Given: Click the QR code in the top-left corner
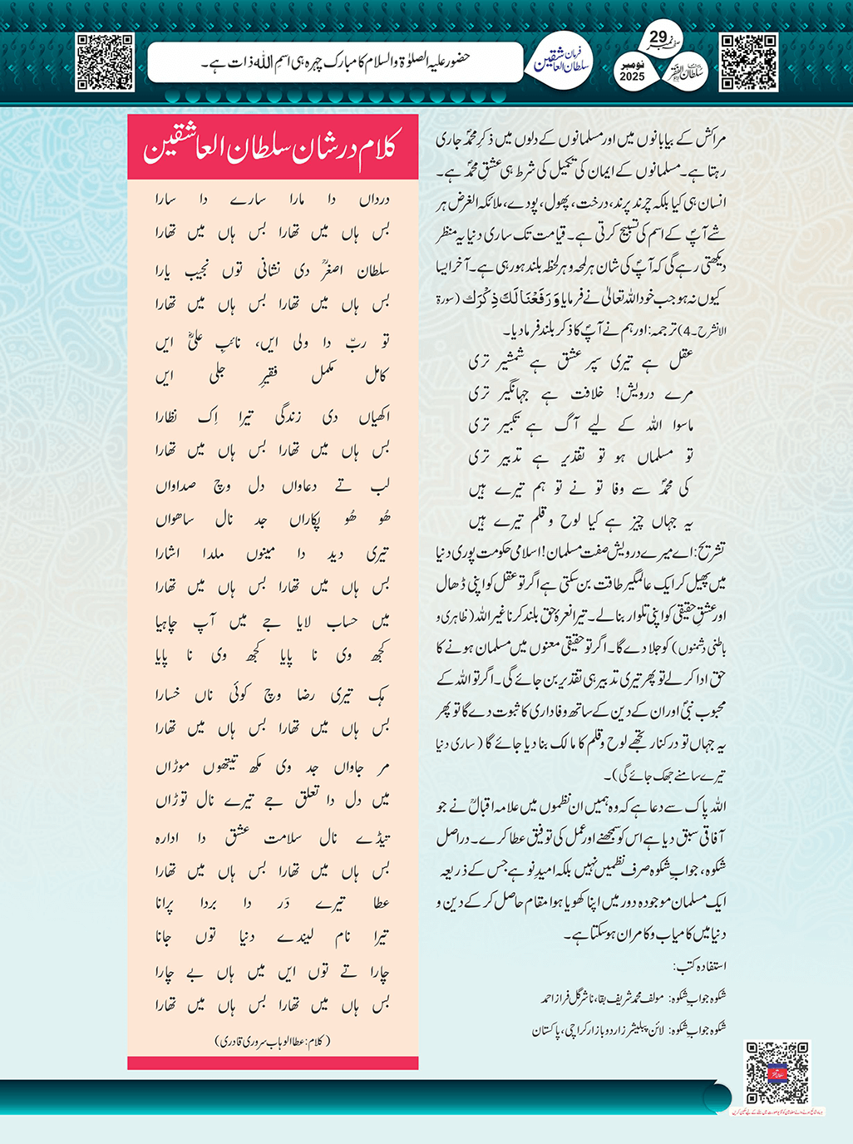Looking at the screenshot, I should [x=104, y=62].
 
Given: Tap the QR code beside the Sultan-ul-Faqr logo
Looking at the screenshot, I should [x=748, y=62].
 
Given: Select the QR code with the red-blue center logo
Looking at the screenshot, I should [x=776, y=1072].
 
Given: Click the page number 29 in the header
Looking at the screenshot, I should [x=658, y=37].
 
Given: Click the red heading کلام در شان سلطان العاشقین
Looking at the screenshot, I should [x=272, y=148].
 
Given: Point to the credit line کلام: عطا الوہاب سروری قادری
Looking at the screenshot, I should [x=273, y=1041].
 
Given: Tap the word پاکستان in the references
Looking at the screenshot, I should [x=553, y=1030].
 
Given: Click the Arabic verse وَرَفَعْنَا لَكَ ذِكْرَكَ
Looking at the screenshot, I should [x=523, y=298].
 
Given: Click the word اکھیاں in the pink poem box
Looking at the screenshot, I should [x=371, y=417].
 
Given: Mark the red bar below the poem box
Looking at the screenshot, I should [x=273, y=1063].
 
